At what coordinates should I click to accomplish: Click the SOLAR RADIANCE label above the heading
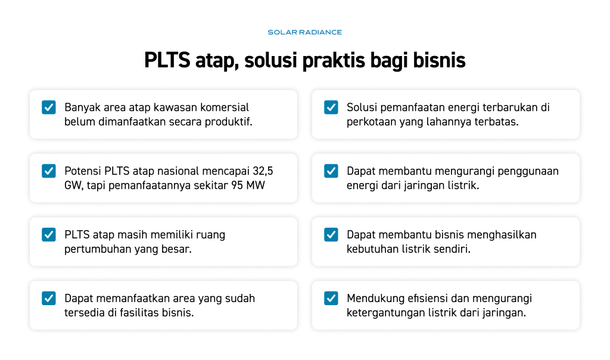point(304,32)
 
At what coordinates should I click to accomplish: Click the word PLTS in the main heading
point(167,60)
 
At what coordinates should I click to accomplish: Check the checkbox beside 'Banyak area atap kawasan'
point(49,107)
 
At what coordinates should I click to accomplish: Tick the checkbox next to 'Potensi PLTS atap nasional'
point(49,171)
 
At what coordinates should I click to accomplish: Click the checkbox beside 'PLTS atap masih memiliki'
point(49,235)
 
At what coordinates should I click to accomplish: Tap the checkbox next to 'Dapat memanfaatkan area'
point(49,298)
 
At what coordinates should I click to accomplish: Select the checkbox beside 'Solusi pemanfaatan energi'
point(331,107)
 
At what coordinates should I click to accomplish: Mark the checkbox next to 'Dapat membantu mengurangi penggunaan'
point(331,171)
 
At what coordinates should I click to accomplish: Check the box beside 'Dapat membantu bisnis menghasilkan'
point(331,235)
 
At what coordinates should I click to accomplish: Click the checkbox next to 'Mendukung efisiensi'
point(331,298)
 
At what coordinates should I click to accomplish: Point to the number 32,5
point(263,171)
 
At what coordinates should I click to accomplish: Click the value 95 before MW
point(237,185)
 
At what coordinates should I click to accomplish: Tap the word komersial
point(225,107)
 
